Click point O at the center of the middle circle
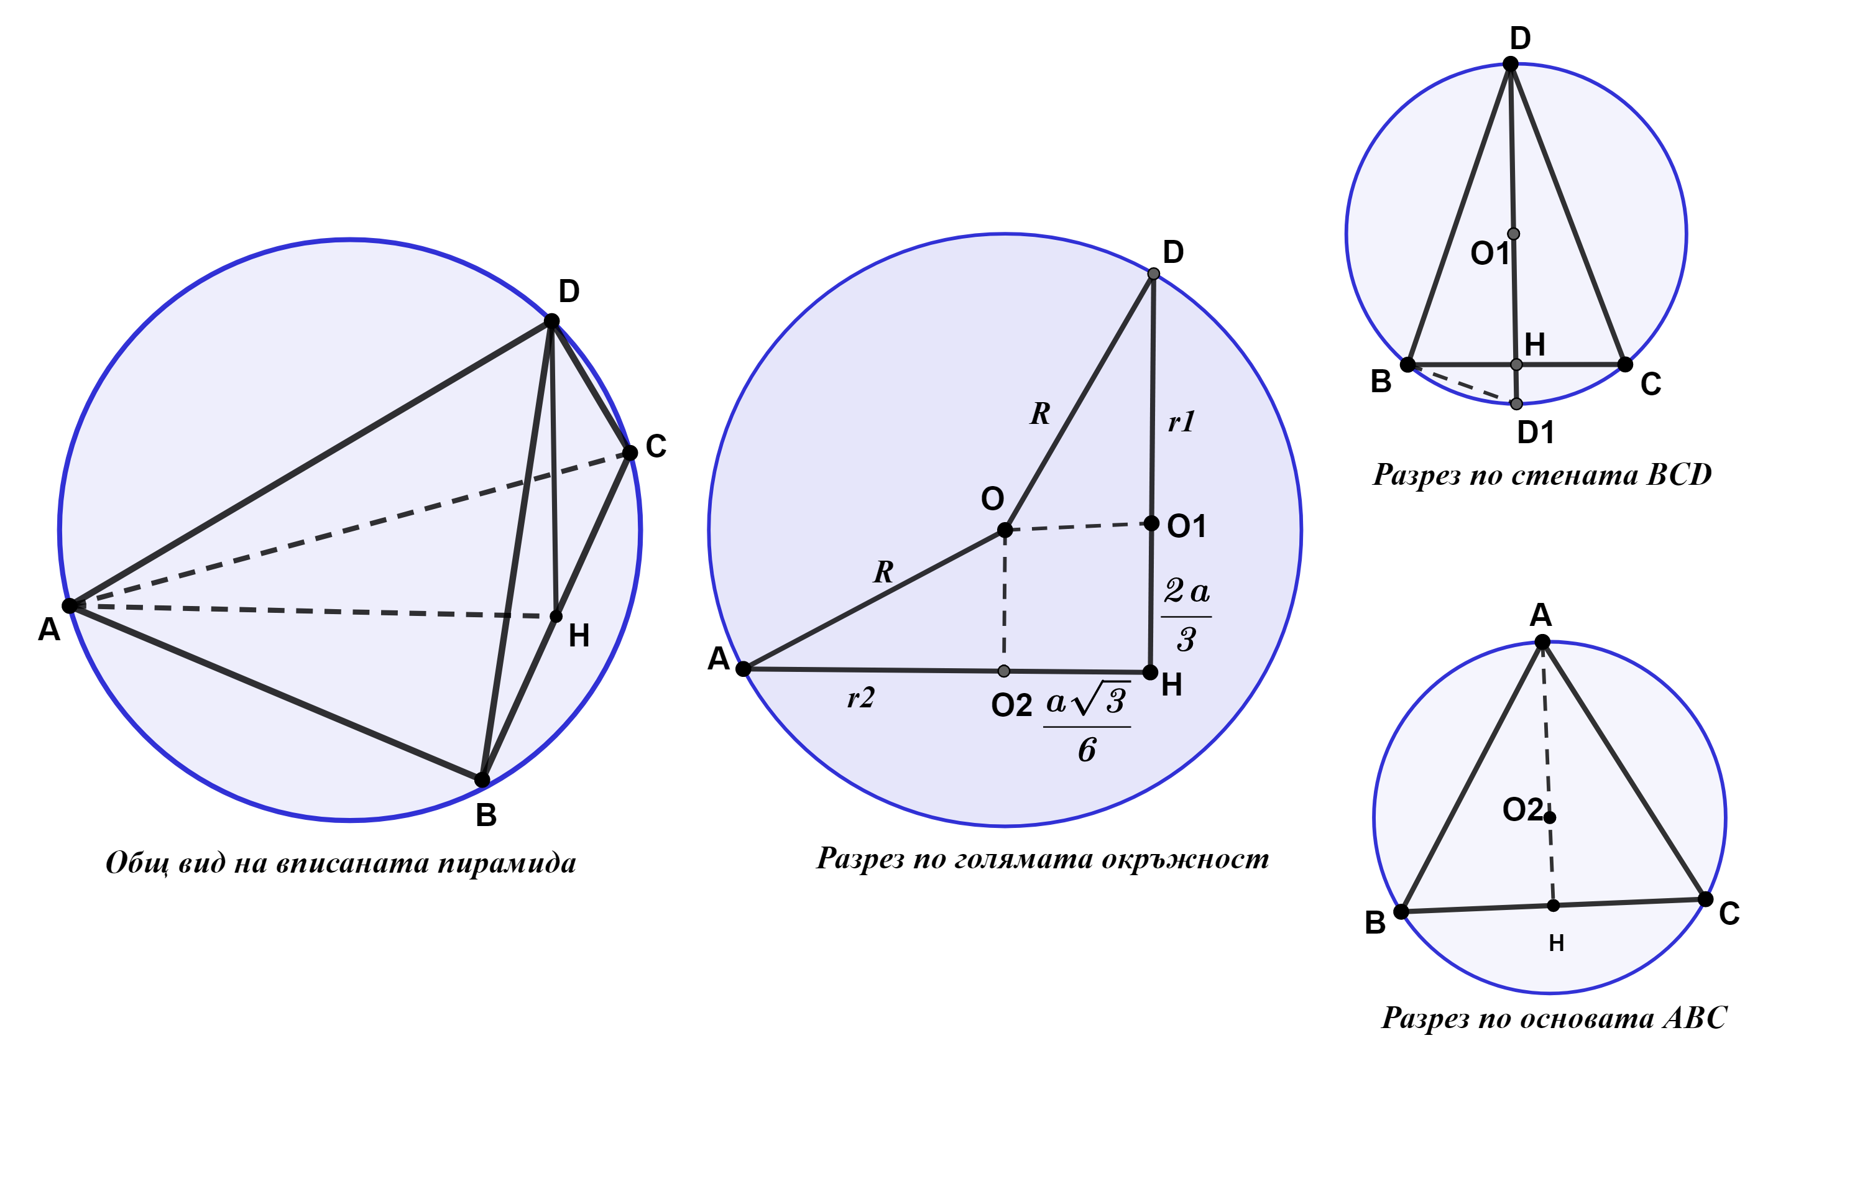(x=1005, y=530)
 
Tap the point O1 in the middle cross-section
(x=1151, y=523)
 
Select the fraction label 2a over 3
(x=1186, y=614)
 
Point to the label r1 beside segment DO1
(x=1181, y=422)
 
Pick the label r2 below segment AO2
(x=861, y=697)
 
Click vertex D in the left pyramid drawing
(x=551, y=321)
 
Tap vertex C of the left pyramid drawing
(x=630, y=452)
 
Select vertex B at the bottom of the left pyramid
(x=482, y=779)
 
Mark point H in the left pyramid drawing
(x=556, y=617)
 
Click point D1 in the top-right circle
(x=1516, y=403)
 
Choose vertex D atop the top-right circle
(x=1510, y=64)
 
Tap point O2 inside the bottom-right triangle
(x=1550, y=817)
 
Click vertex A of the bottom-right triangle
(x=1542, y=641)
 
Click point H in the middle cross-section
(x=1150, y=672)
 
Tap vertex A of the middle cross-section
(x=743, y=668)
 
